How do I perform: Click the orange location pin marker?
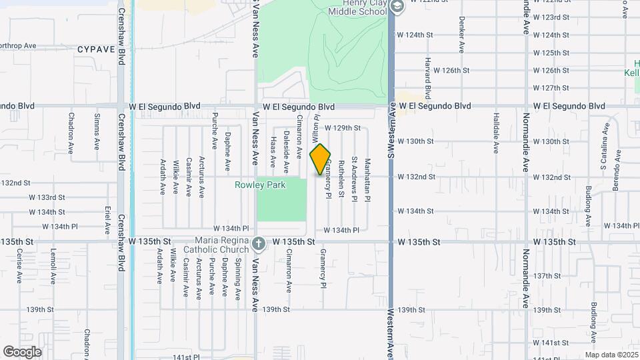tap(320, 159)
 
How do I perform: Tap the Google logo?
tap(22, 351)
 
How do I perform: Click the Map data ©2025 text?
tap(611, 355)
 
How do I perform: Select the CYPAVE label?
tap(97, 49)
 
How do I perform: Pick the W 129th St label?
tap(343, 127)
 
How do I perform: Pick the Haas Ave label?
tap(273, 152)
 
